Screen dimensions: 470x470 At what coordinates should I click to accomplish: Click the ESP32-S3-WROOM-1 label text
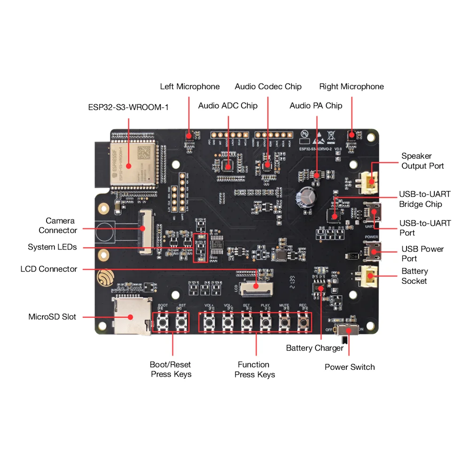click(x=128, y=107)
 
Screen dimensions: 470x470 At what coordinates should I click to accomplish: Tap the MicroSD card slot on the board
click(x=129, y=316)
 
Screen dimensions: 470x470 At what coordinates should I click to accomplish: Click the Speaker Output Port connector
click(x=369, y=182)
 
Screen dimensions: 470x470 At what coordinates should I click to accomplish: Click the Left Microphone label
click(x=189, y=86)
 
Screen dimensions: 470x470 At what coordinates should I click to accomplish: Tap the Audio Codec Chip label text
click(x=268, y=86)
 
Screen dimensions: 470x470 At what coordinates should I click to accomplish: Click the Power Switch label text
click(x=350, y=367)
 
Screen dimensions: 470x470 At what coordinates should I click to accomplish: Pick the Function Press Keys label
click(x=254, y=369)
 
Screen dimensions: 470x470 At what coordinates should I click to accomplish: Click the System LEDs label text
click(x=52, y=247)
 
